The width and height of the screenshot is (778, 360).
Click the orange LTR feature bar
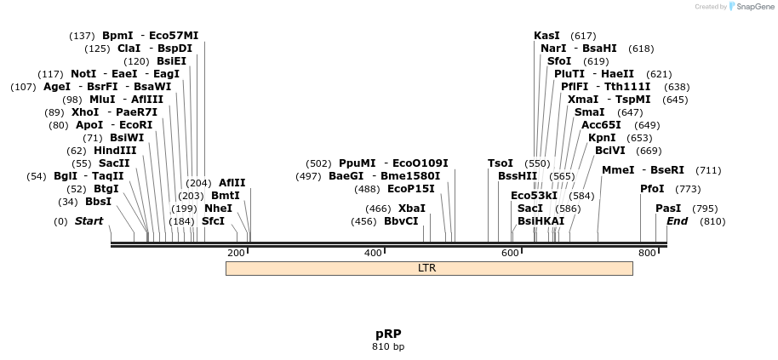428,268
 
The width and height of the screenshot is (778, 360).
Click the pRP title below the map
388,334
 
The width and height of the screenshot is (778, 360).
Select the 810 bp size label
388,346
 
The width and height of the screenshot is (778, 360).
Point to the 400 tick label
373,253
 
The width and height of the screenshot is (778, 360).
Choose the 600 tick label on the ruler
510,253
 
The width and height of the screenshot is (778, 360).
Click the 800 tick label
647,253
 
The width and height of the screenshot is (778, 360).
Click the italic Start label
89,221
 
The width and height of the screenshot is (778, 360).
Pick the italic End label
677,221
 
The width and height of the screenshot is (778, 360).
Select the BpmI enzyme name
117,36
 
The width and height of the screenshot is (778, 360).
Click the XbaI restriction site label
412,208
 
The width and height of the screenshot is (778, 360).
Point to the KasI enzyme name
546,36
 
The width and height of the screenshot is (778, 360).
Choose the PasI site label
668,208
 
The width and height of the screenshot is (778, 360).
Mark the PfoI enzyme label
652,189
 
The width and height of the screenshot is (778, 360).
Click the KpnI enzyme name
602,138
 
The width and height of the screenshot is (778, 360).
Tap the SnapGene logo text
752,7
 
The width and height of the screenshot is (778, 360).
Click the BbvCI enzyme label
401,221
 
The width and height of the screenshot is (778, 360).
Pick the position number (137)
83,36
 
